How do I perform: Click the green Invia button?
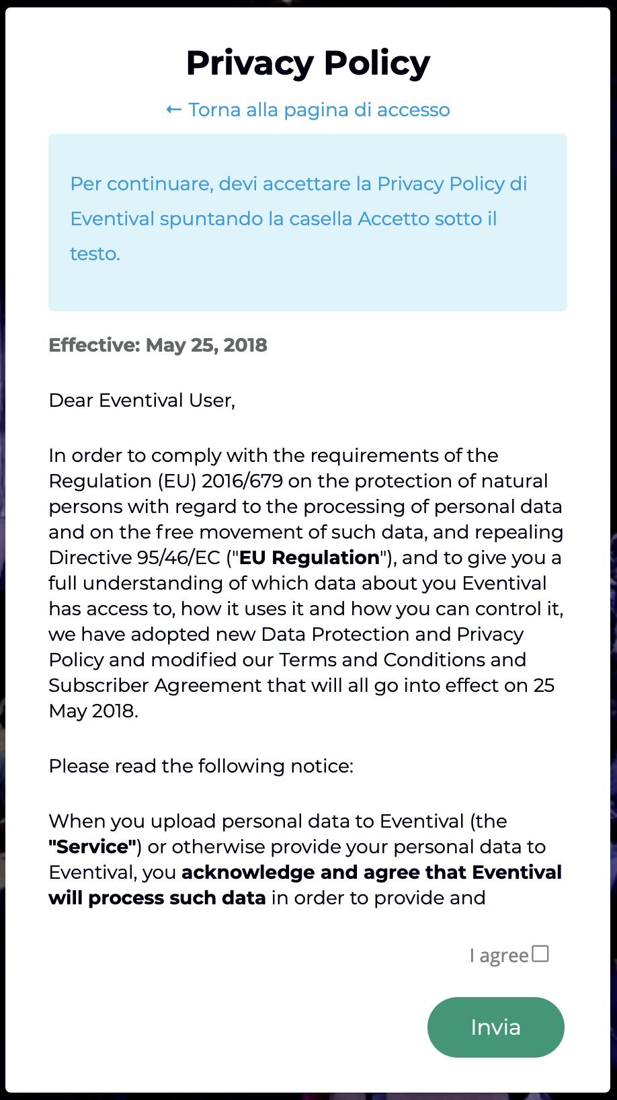pos(495,1027)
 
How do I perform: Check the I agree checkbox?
pos(540,953)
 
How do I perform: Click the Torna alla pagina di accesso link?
pos(319,110)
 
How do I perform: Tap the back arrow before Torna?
pos(173,110)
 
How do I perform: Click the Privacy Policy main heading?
pos(308,63)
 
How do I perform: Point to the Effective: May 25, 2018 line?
pos(158,345)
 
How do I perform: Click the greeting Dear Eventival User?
pos(142,400)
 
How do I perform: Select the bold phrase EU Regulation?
pos(309,557)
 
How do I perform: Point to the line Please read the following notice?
pos(201,766)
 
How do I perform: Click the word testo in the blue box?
pos(95,253)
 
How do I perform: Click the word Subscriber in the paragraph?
pos(99,685)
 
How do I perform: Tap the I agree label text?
pos(499,955)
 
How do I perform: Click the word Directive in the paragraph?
pos(90,557)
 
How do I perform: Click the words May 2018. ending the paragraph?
pos(93,711)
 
